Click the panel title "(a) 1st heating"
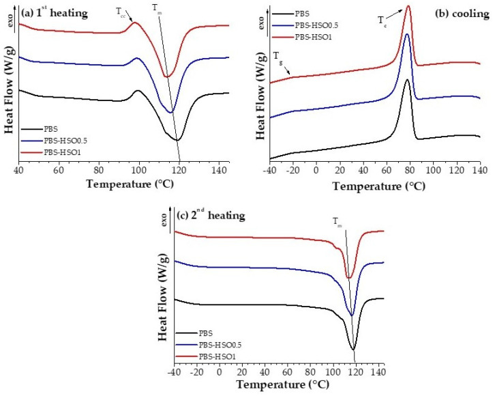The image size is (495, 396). pyautogui.click(x=55, y=12)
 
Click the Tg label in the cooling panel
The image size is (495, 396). pyautogui.click(x=277, y=55)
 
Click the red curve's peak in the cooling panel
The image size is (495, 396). pyautogui.click(x=408, y=6)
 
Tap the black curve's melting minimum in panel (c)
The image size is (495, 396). pyautogui.click(x=353, y=350)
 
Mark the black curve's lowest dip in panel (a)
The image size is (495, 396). pyautogui.click(x=177, y=140)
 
